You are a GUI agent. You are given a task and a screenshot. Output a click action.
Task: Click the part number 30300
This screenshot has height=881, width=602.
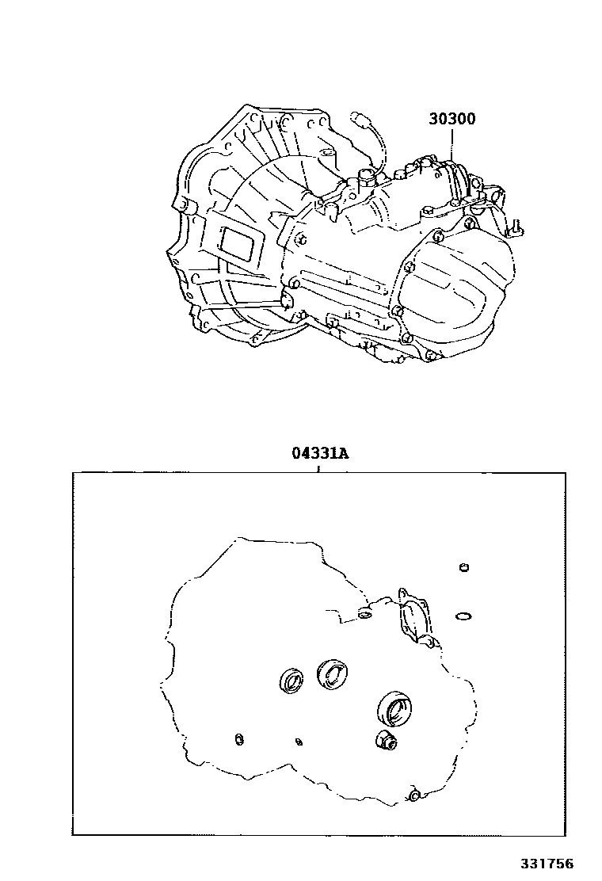452,119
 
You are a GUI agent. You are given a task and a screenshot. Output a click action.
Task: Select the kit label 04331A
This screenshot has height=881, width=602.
319,452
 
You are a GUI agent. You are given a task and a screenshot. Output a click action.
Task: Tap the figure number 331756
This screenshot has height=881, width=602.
546,864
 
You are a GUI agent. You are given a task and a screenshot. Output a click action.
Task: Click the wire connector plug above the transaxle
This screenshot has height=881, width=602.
358,117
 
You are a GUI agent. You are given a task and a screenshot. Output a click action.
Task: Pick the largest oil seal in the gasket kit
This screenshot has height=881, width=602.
394,709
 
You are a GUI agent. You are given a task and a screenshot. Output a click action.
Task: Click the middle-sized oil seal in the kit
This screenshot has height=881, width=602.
332,673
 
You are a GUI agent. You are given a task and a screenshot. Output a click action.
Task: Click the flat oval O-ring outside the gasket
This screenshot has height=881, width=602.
463,617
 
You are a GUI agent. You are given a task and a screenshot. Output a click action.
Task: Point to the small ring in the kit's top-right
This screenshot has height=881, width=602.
464,567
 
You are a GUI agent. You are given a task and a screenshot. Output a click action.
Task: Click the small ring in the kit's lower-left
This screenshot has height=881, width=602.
239,739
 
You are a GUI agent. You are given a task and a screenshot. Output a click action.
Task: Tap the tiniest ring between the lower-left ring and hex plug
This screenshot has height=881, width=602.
299,742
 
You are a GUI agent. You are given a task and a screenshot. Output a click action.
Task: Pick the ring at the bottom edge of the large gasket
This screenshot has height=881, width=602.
414,795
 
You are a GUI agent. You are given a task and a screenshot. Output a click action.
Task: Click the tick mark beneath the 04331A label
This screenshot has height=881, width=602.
318,468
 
